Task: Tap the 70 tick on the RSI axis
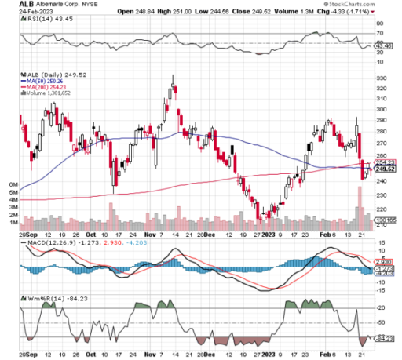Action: pos(381,33)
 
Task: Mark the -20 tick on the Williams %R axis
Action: pos(382,308)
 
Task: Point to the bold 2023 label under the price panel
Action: pos(269,234)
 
